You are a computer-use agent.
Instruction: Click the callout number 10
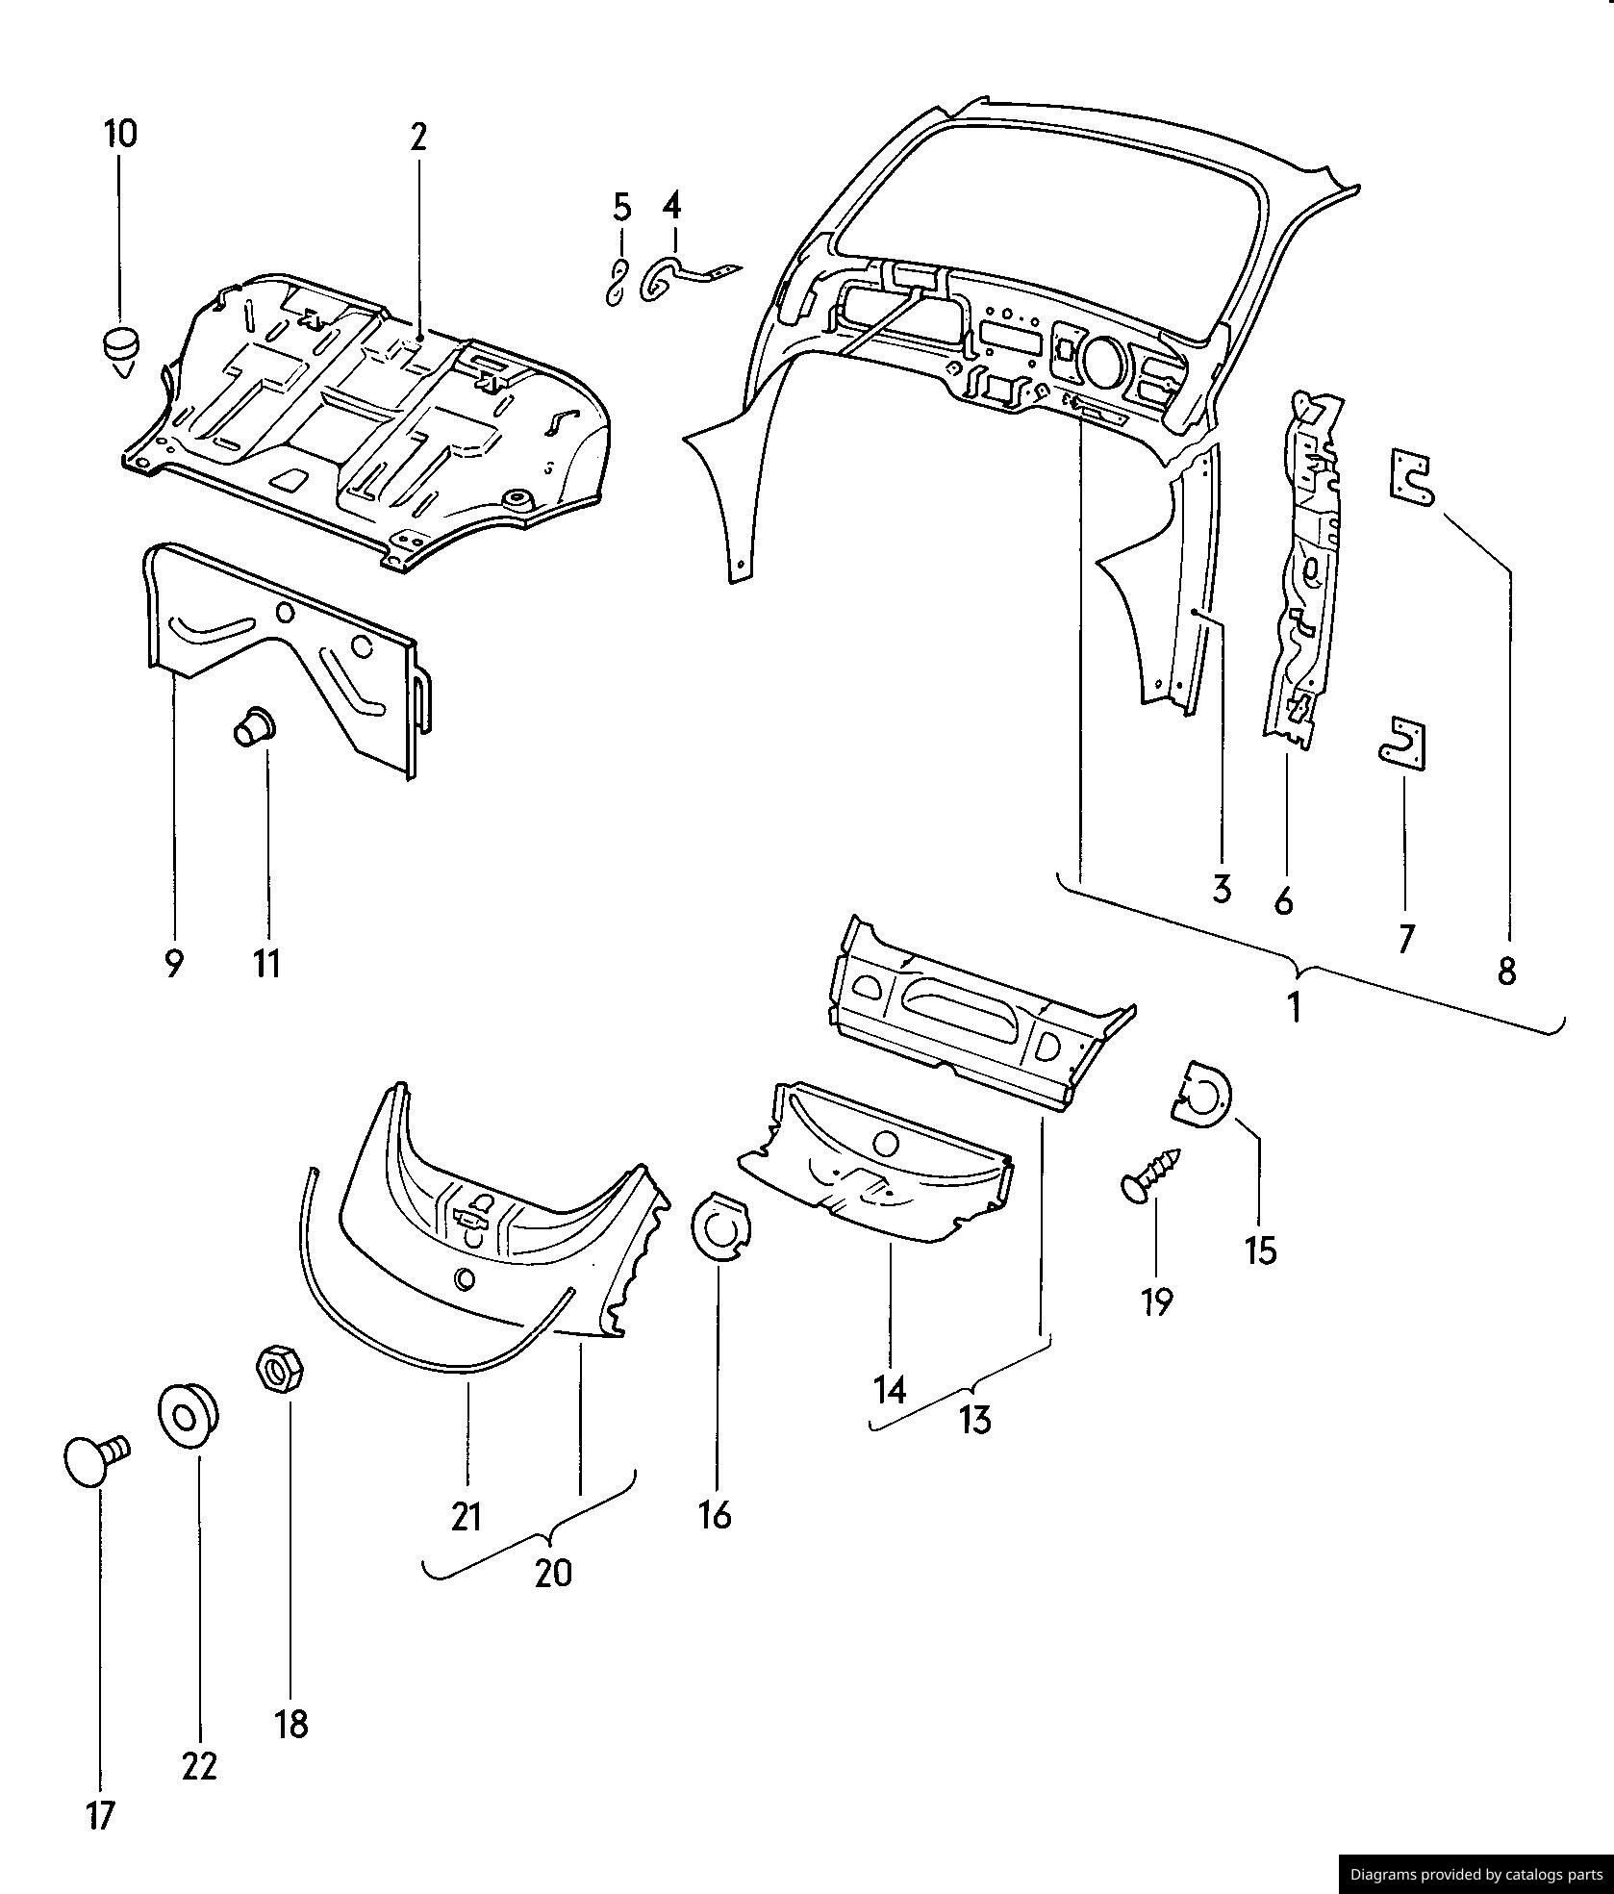point(120,134)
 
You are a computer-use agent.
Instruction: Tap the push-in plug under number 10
point(119,351)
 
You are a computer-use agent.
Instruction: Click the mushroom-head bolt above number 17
point(93,1460)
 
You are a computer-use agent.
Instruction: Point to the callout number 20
point(553,1574)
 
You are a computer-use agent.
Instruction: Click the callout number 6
point(1283,901)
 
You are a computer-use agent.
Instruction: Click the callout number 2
point(417,139)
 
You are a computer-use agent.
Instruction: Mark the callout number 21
point(467,1517)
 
